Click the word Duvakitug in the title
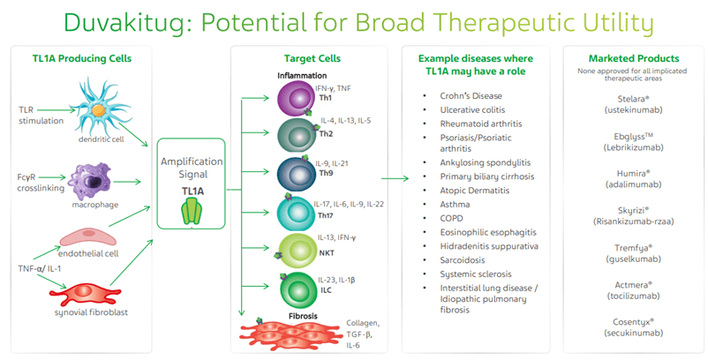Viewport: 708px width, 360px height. (x=115, y=21)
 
